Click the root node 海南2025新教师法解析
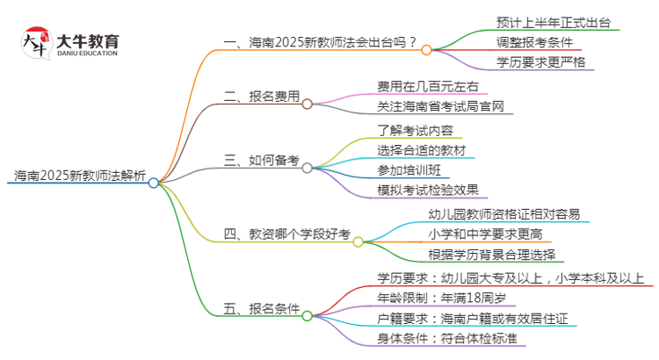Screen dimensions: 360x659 pyautogui.click(x=77, y=176)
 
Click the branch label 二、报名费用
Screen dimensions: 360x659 pyautogui.click(x=261, y=97)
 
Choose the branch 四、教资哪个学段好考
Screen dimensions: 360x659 pyautogui.click(x=286, y=234)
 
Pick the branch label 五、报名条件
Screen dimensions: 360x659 pyautogui.click(x=261, y=308)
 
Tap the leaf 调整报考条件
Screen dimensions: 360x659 pyautogui.click(x=538, y=41)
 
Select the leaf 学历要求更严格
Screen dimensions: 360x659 pyautogui.click(x=538, y=62)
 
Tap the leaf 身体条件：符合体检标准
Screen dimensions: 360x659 pyautogui.click(x=445, y=338)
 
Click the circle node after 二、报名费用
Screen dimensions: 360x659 pyautogui.click(x=307, y=104)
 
